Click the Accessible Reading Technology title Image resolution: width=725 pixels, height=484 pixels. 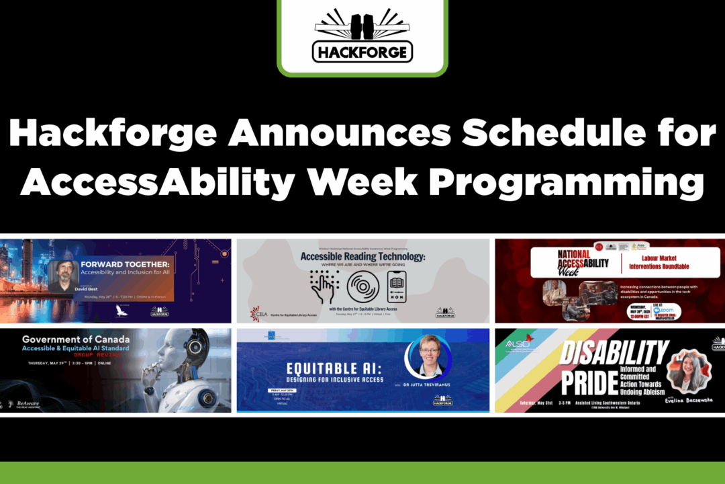click(362, 256)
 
